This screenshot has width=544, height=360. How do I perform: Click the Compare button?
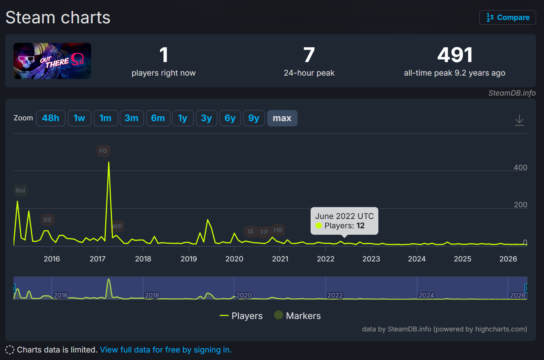[507, 17]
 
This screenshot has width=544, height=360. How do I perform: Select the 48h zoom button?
[51, 118]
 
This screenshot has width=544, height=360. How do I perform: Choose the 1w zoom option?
[79, 118]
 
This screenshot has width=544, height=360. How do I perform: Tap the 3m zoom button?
[132, 118]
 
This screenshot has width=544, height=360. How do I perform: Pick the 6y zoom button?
[230, 118]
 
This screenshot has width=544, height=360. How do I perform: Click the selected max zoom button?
[282, 118]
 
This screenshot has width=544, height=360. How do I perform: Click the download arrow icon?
[520, 120]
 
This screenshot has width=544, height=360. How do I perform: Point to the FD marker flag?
[104, 151]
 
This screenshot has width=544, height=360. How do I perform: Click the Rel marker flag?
[20, 190]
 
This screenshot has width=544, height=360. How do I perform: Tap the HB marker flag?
[278, 230]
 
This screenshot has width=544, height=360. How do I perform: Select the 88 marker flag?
[47, 220]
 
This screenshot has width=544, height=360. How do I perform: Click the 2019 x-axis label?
[189, 259]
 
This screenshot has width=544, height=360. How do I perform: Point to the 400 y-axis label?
[520, 167]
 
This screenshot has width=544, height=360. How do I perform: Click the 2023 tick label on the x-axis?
[371, 259]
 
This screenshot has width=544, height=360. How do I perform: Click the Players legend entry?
[241, 316]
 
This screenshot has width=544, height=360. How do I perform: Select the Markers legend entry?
[297, 316]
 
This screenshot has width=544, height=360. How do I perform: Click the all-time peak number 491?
[455, 55]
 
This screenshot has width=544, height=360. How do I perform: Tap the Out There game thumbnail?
[52, 61]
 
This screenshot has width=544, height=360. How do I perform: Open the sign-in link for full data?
[166, 350]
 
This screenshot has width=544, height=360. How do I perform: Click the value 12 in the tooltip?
[360, 226]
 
